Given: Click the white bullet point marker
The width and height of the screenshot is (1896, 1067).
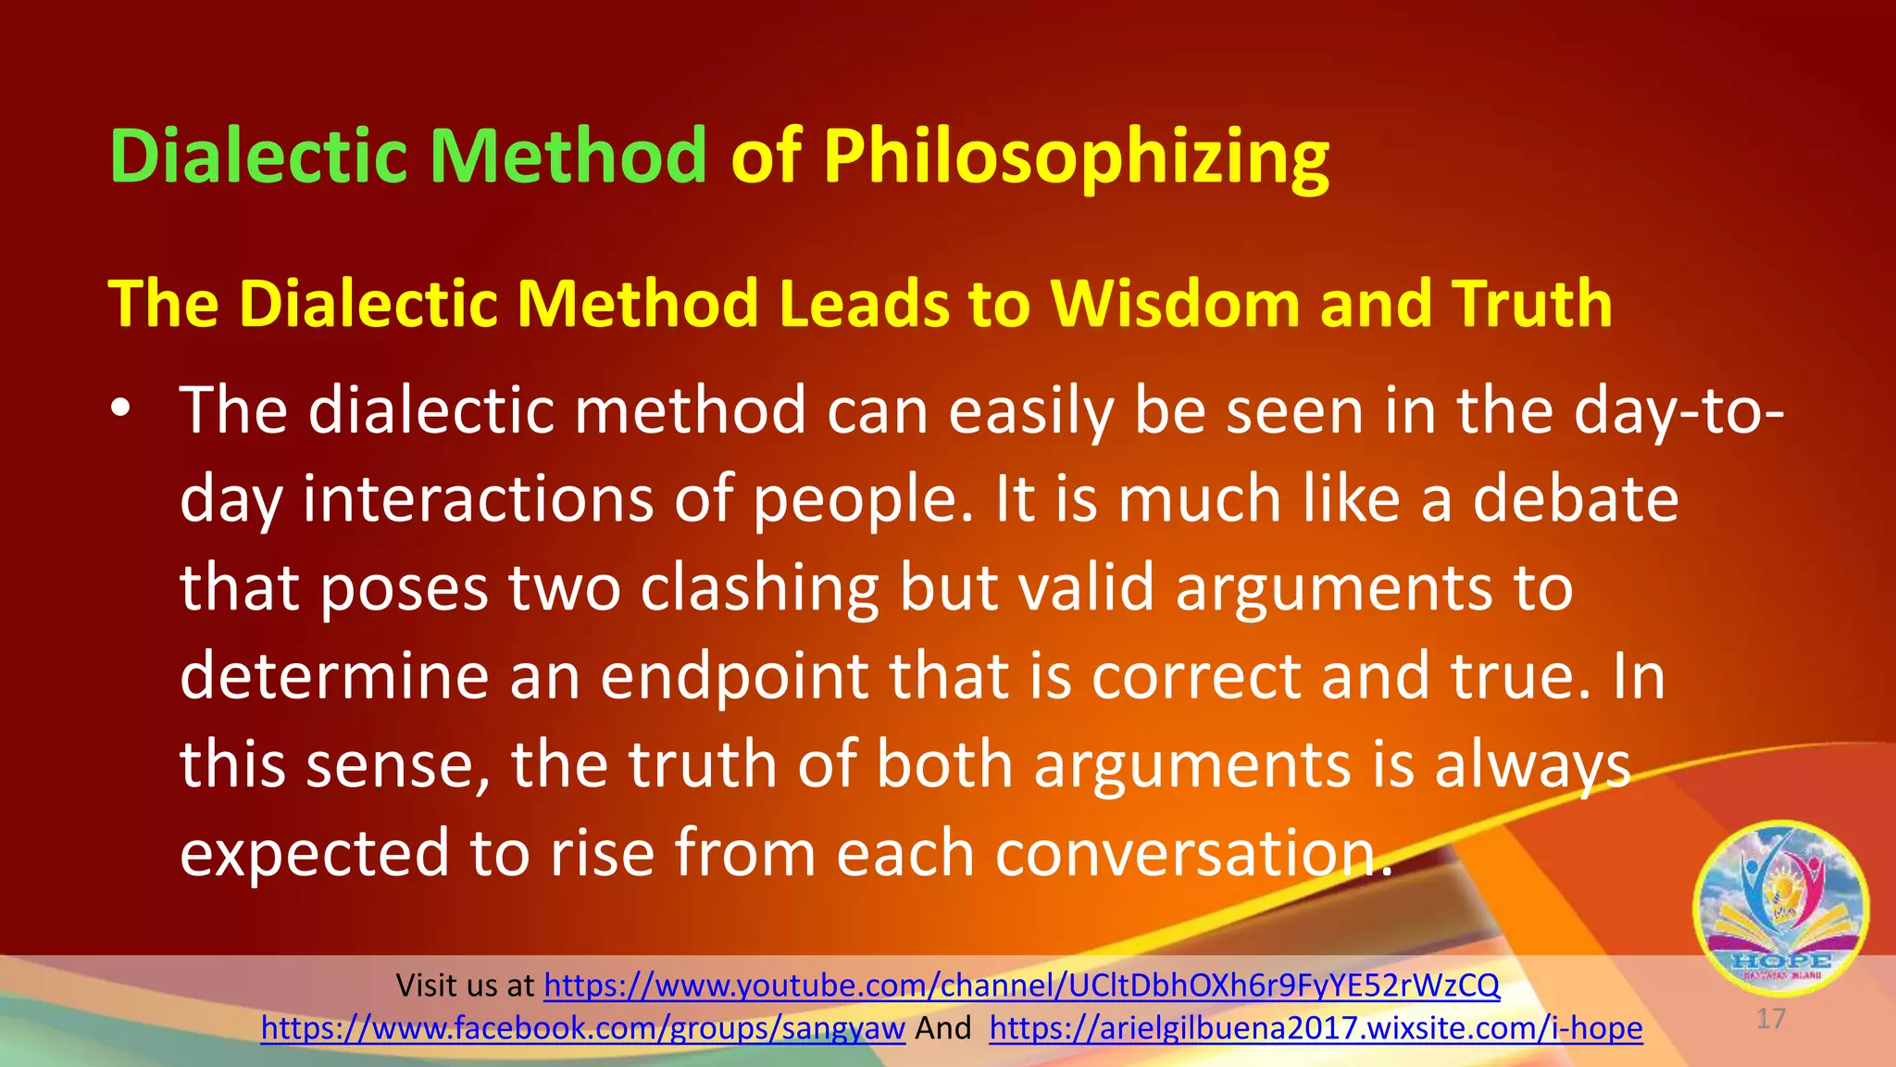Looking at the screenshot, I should click(x=120, y=408).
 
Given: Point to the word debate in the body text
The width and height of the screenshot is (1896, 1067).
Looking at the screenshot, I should click(x=1576, y=499).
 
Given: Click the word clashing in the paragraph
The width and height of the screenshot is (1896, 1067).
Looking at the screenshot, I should click(x=760, y=588).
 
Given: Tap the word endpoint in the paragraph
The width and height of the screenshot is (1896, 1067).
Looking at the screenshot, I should click(x=734, y=676).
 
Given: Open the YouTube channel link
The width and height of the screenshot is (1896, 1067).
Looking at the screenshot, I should click(x=1021, y=985).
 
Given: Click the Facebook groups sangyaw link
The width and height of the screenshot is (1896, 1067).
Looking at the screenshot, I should click(x=582, y=1028).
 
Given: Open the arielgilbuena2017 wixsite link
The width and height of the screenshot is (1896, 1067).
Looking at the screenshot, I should click(x=1316, y=1028).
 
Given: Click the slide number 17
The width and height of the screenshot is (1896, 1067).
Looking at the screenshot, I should click(x=1770, y=1019).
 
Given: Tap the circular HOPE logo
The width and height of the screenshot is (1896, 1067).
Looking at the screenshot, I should click(x=1779, y=908).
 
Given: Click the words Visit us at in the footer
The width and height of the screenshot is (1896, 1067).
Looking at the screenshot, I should click(x=465, y=985).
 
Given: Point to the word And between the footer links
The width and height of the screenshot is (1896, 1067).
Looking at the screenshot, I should click(x=943, y=1028).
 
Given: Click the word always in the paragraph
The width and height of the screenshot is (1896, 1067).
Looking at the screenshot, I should click(x=1532, y=765).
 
